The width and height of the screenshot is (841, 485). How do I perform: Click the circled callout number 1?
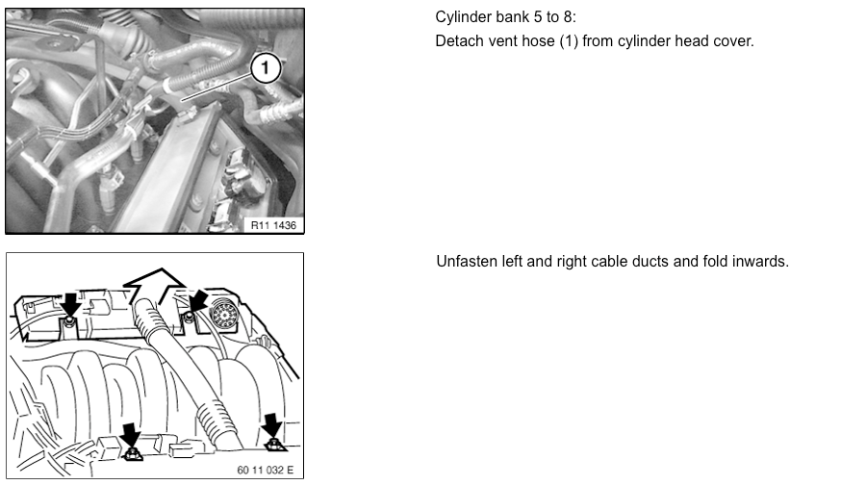point(266,68)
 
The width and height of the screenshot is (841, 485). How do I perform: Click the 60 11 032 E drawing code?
point(265,471)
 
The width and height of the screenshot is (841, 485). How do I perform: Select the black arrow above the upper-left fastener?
point(69,304)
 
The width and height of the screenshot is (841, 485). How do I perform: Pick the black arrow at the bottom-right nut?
point(272,424)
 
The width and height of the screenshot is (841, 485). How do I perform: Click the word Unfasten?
point(466,262)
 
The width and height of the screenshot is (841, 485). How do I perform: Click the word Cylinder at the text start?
point(463,18)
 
